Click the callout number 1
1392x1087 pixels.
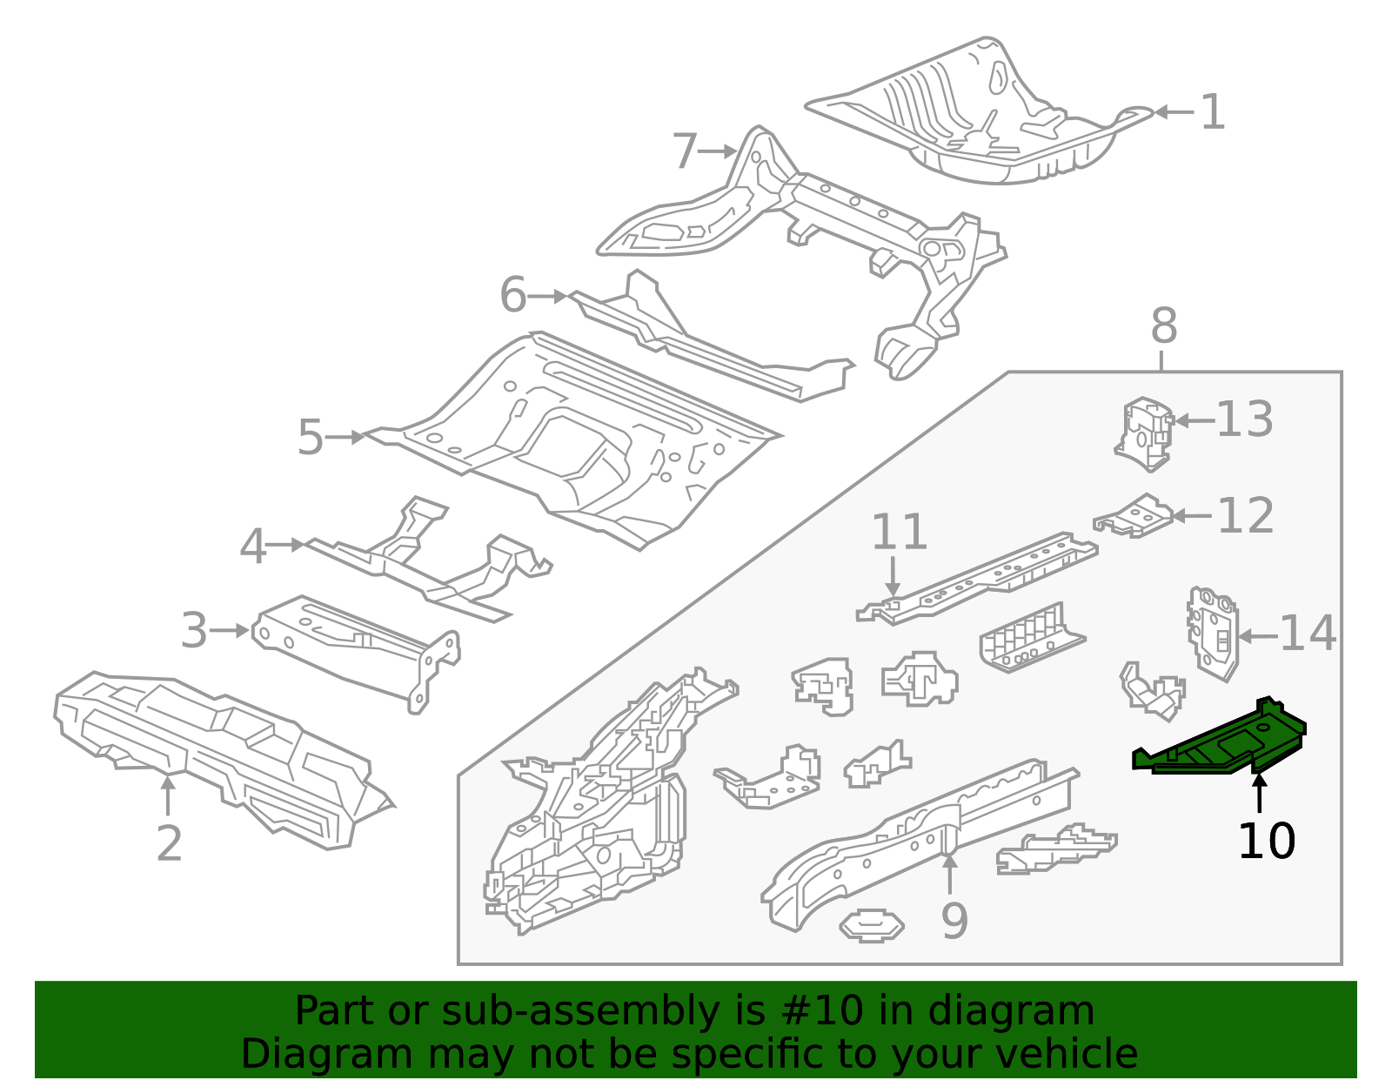pyautogui.click(x=1212, y=112)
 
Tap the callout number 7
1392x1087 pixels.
pyautogui.click(x=685, y=151)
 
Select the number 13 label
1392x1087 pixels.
pyautogui.click(x=1244, y=419)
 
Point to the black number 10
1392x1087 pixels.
pyautogui.click(x=1266, y=842)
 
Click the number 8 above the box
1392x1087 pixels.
pyautogui.click(x=1163, y=327)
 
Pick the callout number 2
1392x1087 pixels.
pyautogui.click(x=169, y=843)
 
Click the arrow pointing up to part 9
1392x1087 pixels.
pyautogui.click(x=949, y=875)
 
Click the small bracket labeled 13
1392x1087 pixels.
pyautogui.click(x=1145, y=433)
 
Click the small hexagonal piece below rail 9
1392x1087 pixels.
pyautogui.click(x=871, y=925)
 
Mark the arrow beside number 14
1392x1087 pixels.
pyautogui.click(x=1257, y=636)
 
